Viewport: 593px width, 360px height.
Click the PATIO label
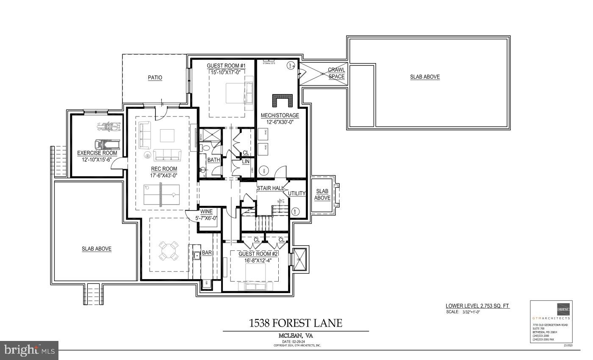coord(155,78)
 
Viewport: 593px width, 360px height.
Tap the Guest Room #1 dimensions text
coord(226,72)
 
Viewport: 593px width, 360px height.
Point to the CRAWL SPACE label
coord(336,73)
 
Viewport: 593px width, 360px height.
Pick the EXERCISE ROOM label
coord(97,153)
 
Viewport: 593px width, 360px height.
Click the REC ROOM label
coord(164,169)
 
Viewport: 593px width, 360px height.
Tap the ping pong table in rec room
coord(161,195)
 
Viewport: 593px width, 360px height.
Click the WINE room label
coord(206,211)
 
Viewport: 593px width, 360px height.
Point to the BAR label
coord(207,252)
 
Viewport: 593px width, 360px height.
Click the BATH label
coord(213,160)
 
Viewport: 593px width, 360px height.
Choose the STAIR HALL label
coord(269,188)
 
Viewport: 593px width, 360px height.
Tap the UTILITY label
coord(296,194)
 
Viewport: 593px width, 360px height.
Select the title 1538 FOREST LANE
coord(296,323)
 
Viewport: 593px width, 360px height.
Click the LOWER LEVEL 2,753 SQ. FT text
coord(477,306)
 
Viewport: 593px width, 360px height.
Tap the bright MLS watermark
coord(29,350)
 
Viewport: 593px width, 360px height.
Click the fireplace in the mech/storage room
coord(282,101)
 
